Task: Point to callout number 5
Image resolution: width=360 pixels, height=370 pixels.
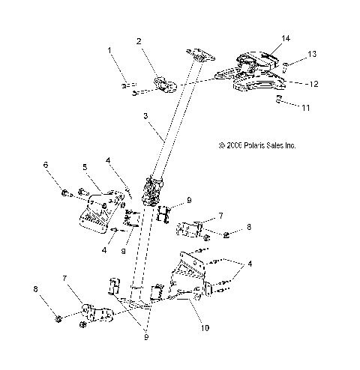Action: point(85,167)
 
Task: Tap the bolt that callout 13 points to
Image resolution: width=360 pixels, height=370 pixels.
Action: point(286,67)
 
